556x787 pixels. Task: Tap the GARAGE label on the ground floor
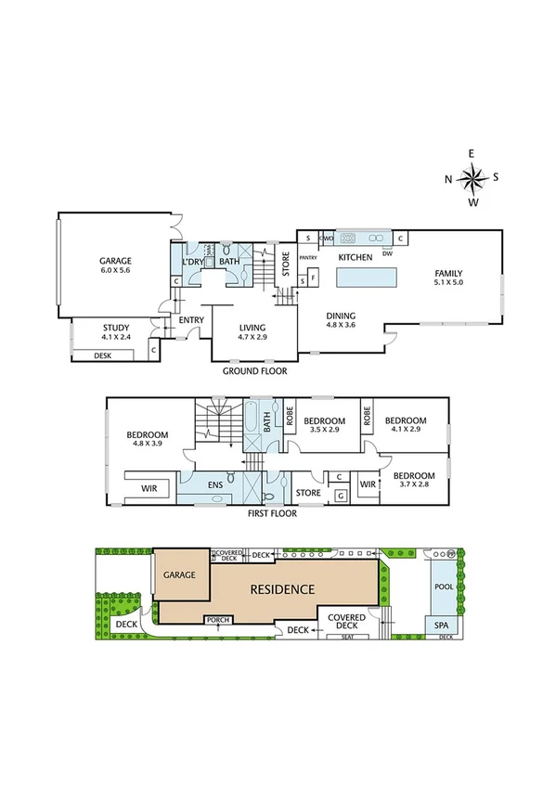click(116, 262)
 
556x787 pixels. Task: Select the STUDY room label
click(116, 327)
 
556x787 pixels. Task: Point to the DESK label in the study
click(102, 355)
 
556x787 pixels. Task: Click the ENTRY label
click(191, 321)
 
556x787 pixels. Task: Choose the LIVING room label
click(252, 328)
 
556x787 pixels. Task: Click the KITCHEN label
click(355, 257)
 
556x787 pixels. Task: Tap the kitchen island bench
click(366, 277)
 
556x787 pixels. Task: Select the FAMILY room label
click(447, 273)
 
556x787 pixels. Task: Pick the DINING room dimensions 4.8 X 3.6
click(341, 326)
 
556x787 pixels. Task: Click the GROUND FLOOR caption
click(253, 370)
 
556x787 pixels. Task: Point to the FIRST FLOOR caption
click(272, 512)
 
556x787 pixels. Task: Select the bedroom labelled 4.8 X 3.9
click(148, 445)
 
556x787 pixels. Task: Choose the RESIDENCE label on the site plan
click(280, 589)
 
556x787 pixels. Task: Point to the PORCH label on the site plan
click(218, 620)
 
